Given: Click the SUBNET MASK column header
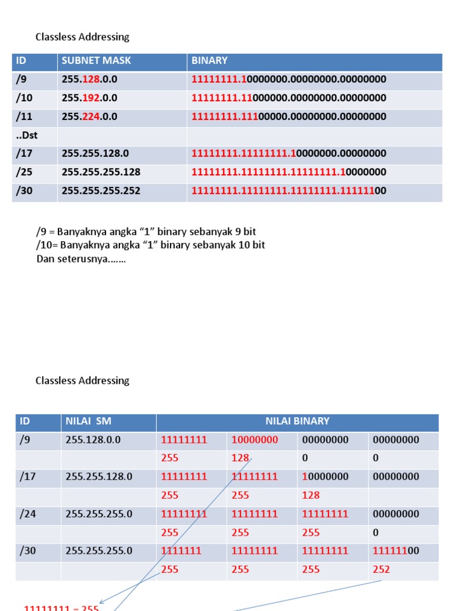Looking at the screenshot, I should pos(96,61).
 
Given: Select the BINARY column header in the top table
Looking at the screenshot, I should pos(209,61).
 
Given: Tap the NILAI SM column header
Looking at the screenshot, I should pos(88,421).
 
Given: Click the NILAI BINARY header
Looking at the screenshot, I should pos(297,421).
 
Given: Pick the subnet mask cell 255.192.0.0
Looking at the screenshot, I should pos(89,98).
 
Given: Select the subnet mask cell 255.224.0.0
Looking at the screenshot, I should pos(89,116).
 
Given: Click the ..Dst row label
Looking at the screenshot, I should pos(27,135).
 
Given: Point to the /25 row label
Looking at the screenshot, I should pos(24,172).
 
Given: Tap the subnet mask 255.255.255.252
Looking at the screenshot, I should pos(101,190).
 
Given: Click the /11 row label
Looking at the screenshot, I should pos(24,116).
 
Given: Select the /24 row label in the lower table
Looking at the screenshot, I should pos(28,514).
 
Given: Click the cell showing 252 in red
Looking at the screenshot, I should pos(381,569).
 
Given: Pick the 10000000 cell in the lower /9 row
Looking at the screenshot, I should pos(254,440).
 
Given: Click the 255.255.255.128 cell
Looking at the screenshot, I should pos(101,172).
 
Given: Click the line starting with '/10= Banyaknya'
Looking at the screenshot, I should pos(150,245).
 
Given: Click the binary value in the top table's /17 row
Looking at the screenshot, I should pos(289,153).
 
